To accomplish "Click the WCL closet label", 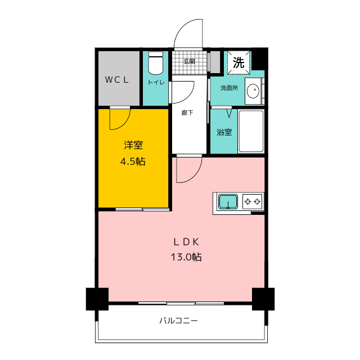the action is [117, 80].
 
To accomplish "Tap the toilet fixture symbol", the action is [156, 63].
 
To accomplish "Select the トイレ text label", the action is [156, 82].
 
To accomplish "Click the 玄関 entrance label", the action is [190, 61].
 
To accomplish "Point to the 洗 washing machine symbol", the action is [238, 62].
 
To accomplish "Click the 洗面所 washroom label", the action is [229, 88].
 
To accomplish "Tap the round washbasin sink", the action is [253, 91].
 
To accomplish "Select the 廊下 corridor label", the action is [187, 112].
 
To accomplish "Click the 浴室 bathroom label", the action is [224, 132].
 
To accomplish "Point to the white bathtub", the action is [251, 131].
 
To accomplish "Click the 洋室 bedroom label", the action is [133, 145].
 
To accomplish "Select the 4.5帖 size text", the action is [133, 161].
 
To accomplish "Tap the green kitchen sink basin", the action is [228, 201].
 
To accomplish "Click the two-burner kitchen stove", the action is [253, 201].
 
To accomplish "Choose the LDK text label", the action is [186, 242].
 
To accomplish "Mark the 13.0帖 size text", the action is [186, 257].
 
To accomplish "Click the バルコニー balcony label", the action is [178, 320].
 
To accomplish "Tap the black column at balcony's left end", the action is [97, 299].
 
